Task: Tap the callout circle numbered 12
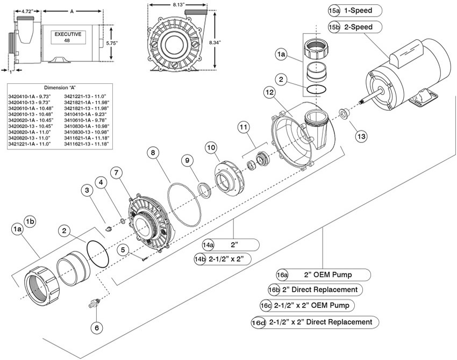pyautogui.click(x=269, y=93)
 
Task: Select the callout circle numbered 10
pyautogui.click(x=210, y=146)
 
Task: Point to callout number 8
pyautogui.click(x=154, y=153)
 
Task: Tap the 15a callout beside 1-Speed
pyautogui.click(x=334, y=10)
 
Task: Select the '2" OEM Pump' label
pyautogui.click(x=329, y=275)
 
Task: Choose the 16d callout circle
pyautogui.click(x=259, y=322)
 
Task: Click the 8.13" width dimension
pyautogui.click(x=176, y=4)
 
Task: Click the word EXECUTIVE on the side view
pyautogui.click(x=68, y=34)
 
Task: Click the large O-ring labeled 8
pyautogui.click(x=182, y=204)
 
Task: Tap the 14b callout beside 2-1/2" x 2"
pyautogui.click(x=201, y=258)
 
